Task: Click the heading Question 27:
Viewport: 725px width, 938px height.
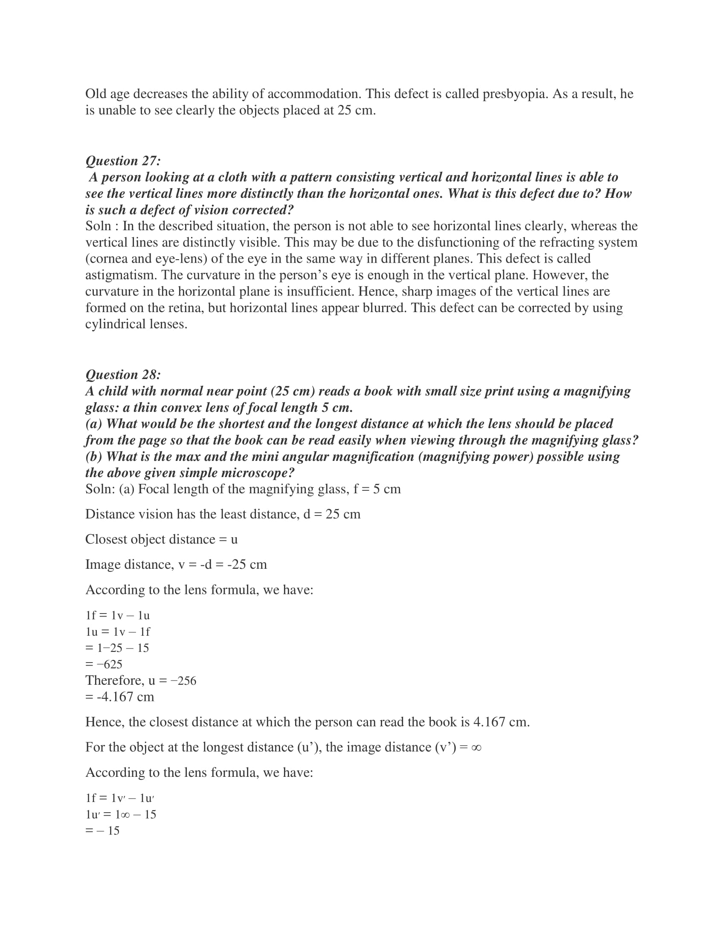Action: pos(123,161)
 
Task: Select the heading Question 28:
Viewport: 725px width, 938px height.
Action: pos(123,374)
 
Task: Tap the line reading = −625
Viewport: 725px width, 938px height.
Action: pos(104,664)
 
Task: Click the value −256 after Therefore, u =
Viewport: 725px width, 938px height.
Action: pos(183,680)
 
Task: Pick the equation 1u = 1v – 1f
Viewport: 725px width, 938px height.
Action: pos(118,631)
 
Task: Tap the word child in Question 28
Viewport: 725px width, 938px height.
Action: pos(113,391)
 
